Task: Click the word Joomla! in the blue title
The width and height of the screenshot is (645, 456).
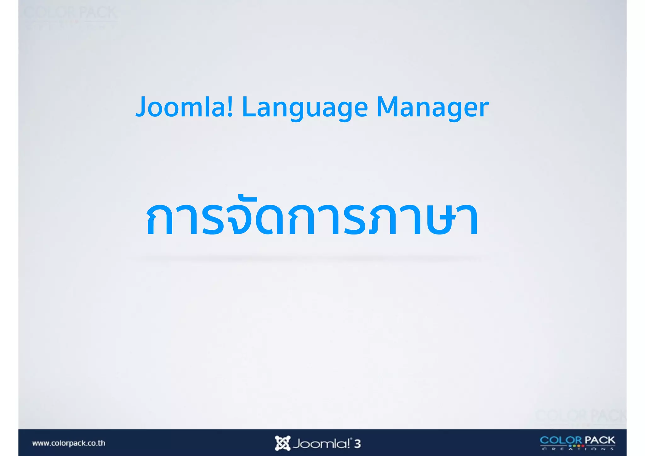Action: (185, 107)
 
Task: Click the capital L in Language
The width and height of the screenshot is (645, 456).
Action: (249, 107)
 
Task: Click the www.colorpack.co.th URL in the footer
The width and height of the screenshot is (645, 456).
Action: (69, 443)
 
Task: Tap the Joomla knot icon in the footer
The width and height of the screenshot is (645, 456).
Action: (282, 443)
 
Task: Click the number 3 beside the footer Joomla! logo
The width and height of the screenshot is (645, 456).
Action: (357, 444)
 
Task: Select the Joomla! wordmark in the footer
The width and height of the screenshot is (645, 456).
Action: (321, 444)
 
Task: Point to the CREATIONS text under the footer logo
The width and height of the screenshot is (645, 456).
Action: (578, 449)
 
